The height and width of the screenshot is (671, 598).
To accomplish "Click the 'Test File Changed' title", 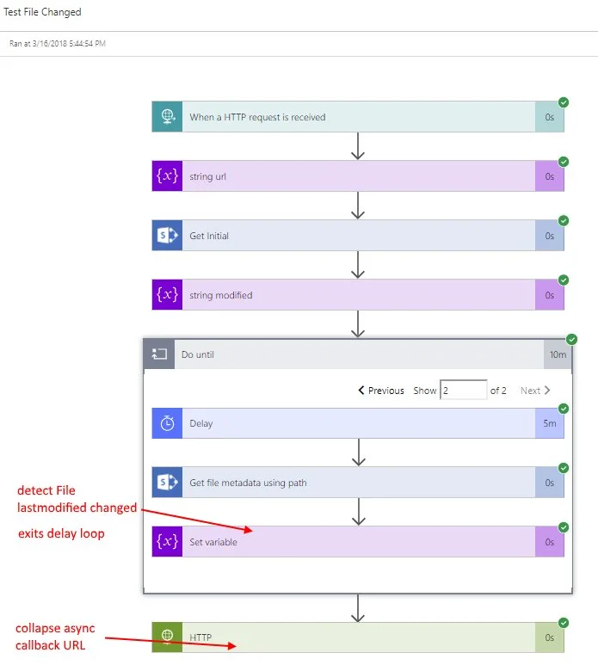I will [x=43, y=12].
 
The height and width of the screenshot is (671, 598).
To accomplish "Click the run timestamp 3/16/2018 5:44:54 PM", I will [x=58, y=43].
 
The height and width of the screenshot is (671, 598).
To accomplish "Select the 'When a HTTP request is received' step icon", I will [x=167, y=117].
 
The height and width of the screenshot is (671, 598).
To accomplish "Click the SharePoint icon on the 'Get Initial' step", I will [x=167, y=236].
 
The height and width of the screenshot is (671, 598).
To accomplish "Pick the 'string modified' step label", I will [x=221, y=295].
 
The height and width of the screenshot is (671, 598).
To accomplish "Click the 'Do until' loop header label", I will [x=198, y=354].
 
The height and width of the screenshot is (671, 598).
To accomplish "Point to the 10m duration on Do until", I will [x=556, y=354].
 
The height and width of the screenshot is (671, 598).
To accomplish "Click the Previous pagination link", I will [x=381, y=391].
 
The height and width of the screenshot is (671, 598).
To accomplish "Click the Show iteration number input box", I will [x=463, y=391].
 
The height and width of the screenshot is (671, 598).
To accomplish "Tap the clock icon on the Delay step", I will [x=167, y=423].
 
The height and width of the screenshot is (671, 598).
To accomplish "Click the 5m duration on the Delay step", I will [x=549, y=423].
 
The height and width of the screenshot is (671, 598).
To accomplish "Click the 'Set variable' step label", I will [x=213, y=542].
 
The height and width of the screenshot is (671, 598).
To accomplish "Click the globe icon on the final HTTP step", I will [x=167, y=637].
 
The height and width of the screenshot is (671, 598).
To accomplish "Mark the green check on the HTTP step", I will [x=564, y=623].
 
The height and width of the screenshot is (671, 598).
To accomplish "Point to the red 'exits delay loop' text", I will [x=61, y=533].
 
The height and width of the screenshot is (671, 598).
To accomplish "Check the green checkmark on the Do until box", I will [x=572, y=339].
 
